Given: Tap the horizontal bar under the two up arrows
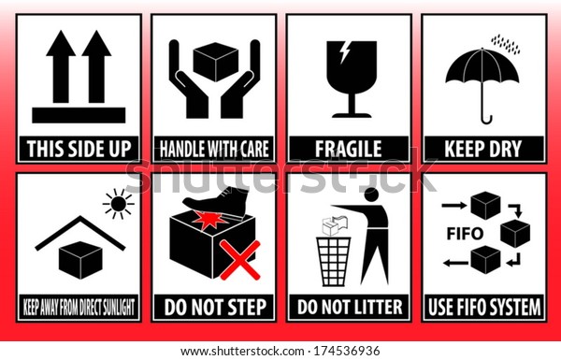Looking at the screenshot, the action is point(79,115).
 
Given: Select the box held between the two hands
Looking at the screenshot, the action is point(215,62).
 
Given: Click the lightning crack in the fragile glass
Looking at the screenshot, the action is point(345,52).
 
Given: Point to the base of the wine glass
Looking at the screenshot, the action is point(352,115).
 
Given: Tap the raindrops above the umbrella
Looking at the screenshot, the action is point(506,44).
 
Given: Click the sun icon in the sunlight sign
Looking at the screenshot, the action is point(119,204).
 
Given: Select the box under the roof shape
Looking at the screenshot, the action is point(80,260).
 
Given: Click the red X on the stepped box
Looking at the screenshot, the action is point(239,260).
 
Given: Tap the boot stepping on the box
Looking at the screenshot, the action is point(217,202).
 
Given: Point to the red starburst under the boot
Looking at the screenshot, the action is point(209,220).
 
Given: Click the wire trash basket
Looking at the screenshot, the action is point(334,261).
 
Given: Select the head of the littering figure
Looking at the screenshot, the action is point(371,195).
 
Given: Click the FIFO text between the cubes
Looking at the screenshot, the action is point(465,234).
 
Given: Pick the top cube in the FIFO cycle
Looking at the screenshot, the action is point(485,206).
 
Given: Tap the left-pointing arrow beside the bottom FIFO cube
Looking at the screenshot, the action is point(455,264).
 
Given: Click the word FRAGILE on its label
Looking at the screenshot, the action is point(349,149).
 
